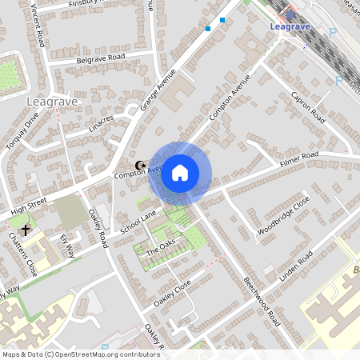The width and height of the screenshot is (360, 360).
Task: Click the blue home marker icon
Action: point(180,173)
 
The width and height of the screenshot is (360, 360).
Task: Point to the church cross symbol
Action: point(26,230)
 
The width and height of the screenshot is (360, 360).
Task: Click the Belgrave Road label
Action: point(101,58)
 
